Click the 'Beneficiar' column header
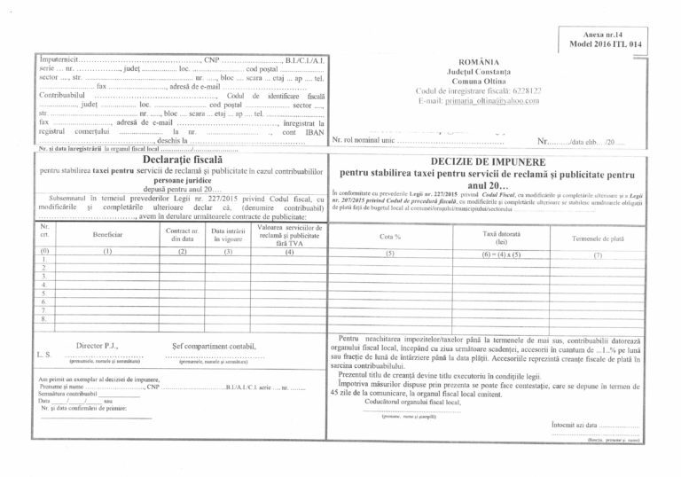coord(107,234)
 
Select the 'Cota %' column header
coord(390,237)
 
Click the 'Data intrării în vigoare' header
coord(228,234)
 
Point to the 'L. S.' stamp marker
coord(43,353)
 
